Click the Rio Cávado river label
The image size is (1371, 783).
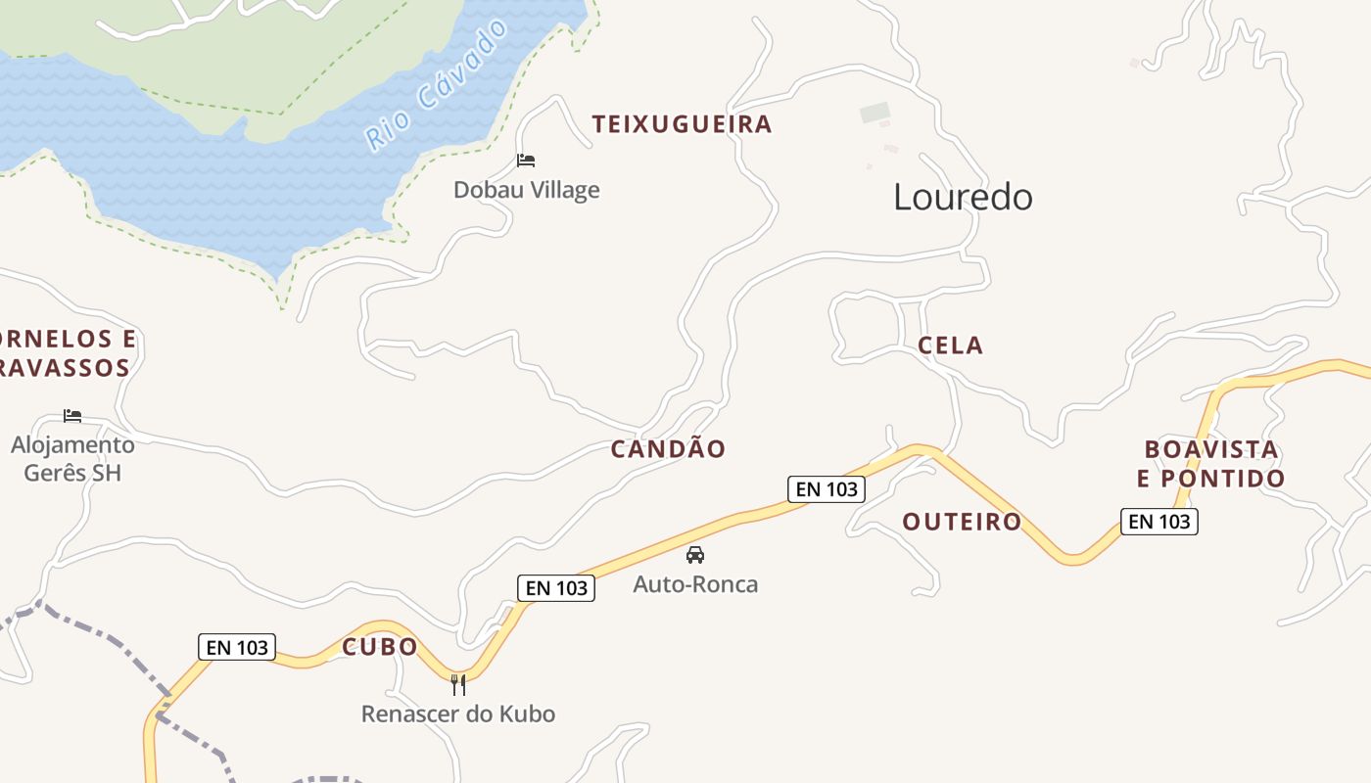(438, 84)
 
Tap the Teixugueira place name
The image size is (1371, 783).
(682, 124)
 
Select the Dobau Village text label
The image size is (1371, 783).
(526, 190)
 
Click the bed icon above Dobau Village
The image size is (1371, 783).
(526, 161)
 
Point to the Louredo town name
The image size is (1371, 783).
(963, 198)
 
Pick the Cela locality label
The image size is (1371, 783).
(950, 345)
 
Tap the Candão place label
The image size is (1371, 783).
(668, 449)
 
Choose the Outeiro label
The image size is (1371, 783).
(962, 522)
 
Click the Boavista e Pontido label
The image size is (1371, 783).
(1210, 464)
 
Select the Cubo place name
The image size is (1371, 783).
(380, 647)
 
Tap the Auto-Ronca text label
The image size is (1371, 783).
(695, 584)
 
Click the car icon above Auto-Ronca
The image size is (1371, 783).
(695, 555)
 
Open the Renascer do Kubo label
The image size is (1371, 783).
(458, 714)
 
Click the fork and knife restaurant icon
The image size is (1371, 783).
(458, 684)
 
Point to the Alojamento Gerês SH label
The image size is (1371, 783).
(72, 458)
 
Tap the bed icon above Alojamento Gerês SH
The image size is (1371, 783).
(72, 416)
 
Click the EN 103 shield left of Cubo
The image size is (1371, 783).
(237, 647)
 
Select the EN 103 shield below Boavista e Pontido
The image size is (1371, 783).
(1159, 522)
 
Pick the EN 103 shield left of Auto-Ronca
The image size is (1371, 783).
(556, 587)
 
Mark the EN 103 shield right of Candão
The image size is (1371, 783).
(827, 488)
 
